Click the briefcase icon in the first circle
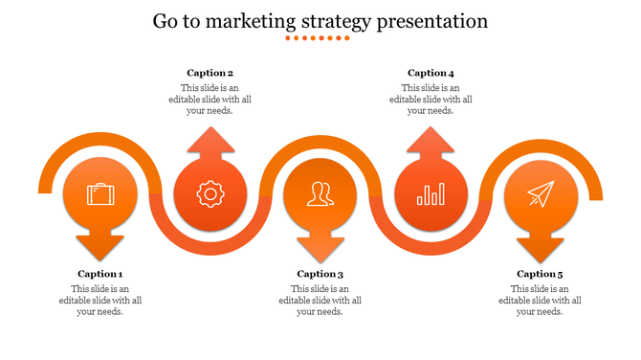tap(100, 193)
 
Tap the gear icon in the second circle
tap(210, 194)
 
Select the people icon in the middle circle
tap(320, 195)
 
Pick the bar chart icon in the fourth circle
tap(431, 195)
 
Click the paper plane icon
tap(541, 193)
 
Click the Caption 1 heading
tap(100, 274)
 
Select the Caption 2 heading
tap(210, 73)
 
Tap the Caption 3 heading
tap(320, 274)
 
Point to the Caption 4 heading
tap(431, 73)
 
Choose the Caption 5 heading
tap(541, 274)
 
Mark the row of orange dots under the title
tap(320, 39)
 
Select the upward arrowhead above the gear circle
tap(210, 142)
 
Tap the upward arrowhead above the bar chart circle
tap(431, 142)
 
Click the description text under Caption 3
tap(320, 300)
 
